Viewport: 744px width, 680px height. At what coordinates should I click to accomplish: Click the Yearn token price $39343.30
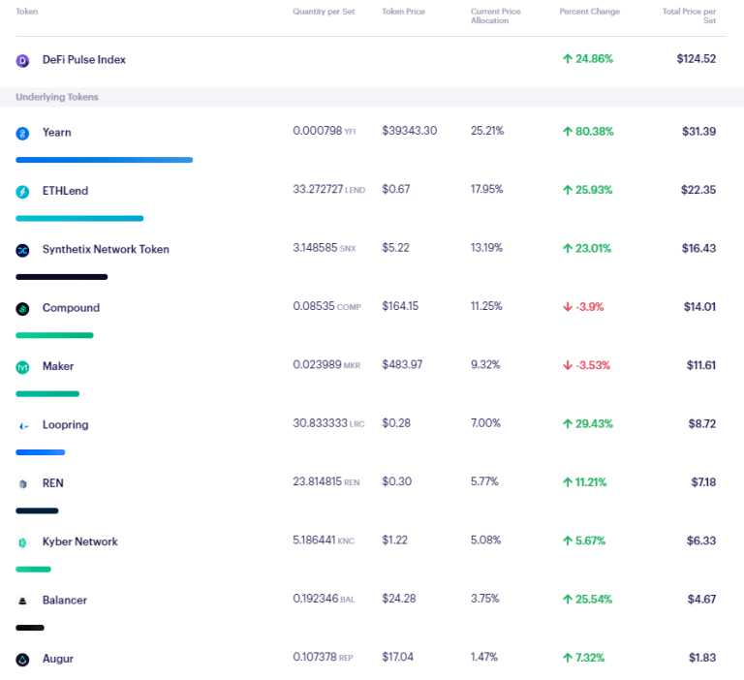tap(409, 131)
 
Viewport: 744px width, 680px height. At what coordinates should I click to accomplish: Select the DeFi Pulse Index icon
tap(23, 60)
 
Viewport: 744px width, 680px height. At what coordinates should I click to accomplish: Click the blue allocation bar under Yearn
tap(105, 160)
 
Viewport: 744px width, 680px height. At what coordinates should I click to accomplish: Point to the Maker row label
tap(58, 366)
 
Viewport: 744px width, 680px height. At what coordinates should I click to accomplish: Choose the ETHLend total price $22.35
tap(696, 190)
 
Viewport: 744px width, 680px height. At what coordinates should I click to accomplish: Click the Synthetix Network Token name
tap(106, 249)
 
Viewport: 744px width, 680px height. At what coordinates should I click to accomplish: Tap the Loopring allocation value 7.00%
tap(485, 424)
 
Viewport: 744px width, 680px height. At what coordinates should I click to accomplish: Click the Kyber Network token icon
tap(23, 542)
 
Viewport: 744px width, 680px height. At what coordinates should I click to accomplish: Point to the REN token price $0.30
tap(396, 482)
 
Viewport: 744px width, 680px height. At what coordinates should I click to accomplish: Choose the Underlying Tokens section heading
tap(57, 97)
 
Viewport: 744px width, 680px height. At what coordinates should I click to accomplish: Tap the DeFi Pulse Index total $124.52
tap(696, 59)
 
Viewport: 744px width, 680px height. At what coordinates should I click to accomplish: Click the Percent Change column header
tap(589, 12)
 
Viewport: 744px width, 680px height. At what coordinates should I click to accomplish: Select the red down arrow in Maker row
tap(568, 366)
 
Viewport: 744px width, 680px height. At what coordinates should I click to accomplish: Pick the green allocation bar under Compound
tap(54, 335)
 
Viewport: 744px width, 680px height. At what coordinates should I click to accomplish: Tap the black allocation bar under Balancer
tap(30, 628)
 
